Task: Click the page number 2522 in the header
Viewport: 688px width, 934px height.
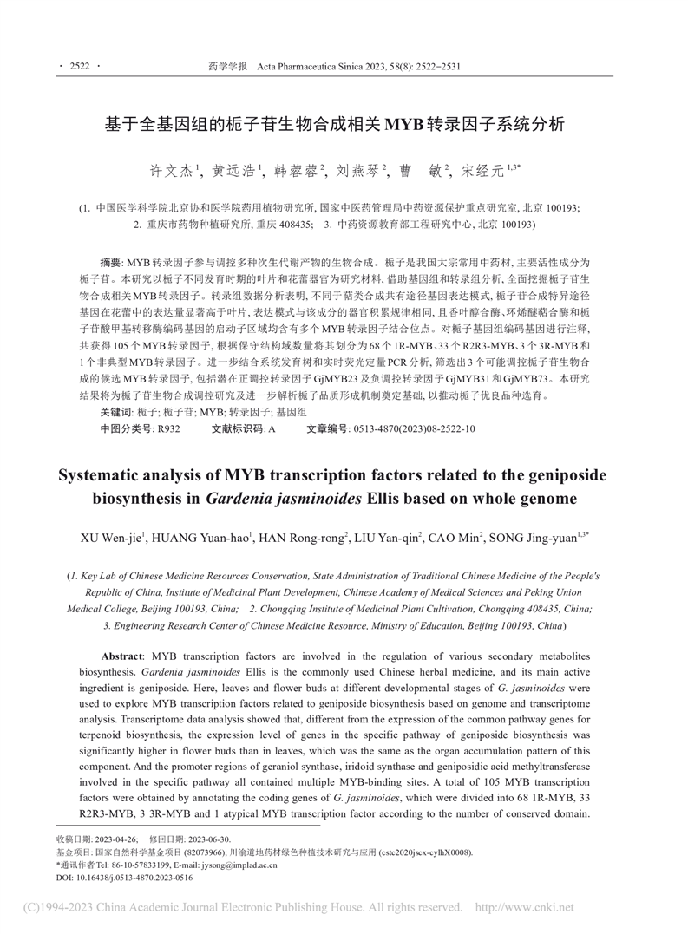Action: pos(79,65)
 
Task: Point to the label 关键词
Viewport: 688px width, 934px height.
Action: pos(117,412)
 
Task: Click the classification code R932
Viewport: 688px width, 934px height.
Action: pos(168,428)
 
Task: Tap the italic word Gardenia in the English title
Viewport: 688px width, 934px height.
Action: pos(246,500)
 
